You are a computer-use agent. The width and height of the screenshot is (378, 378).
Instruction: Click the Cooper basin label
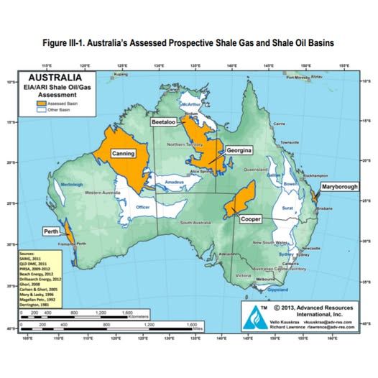(250, 218)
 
